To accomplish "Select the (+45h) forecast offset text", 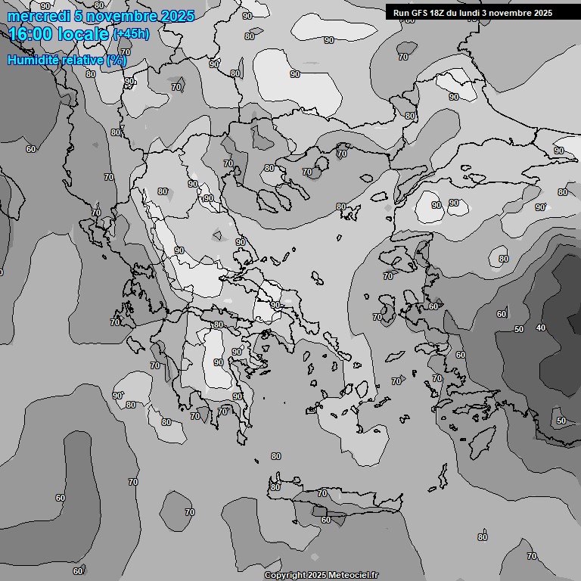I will tap(131, 34).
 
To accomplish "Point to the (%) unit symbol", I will tap(117, 60).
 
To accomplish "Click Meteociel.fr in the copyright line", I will tap(351, 576).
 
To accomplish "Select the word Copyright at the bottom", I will tap(284, 576).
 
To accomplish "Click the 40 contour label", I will tap(540, 328).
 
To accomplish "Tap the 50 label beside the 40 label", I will tap(518, 329).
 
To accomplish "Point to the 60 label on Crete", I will tap(326, 520).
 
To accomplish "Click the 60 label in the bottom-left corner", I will tap(78, 570).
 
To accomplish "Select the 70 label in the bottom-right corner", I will tap(531, 556).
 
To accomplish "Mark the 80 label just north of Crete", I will tap(275, 456).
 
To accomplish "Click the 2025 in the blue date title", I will tap(178, 16).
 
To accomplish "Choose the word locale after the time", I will tap(82, 34).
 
